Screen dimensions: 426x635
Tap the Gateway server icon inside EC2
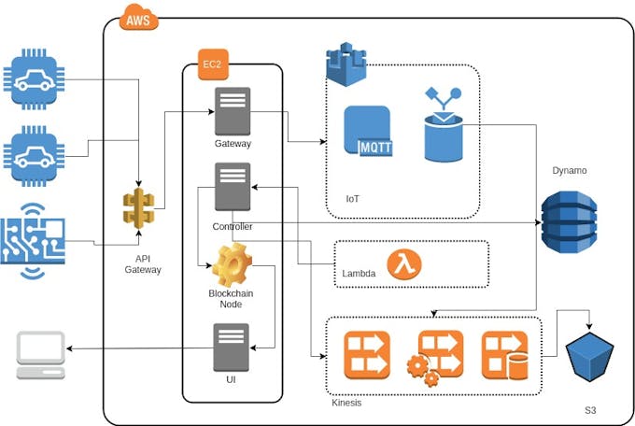tap(232, 111)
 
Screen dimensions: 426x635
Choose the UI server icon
tap(232, 348)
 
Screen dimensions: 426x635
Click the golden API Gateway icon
tap(138, 207)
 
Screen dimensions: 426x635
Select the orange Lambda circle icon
tap(403, 264)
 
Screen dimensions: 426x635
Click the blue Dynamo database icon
tap(568, 222)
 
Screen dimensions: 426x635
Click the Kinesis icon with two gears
tap(434, 357)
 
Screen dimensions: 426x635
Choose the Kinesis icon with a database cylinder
tap(505, 355)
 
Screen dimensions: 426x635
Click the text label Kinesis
tap(348, 403)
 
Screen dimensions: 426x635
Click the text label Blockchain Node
tap(231, 299)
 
